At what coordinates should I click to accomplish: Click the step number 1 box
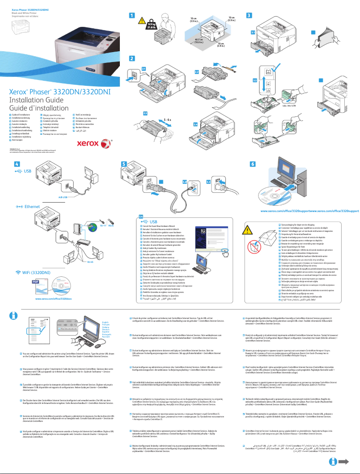132,15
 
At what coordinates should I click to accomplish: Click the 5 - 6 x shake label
168,120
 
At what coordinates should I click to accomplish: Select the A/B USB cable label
63,197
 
